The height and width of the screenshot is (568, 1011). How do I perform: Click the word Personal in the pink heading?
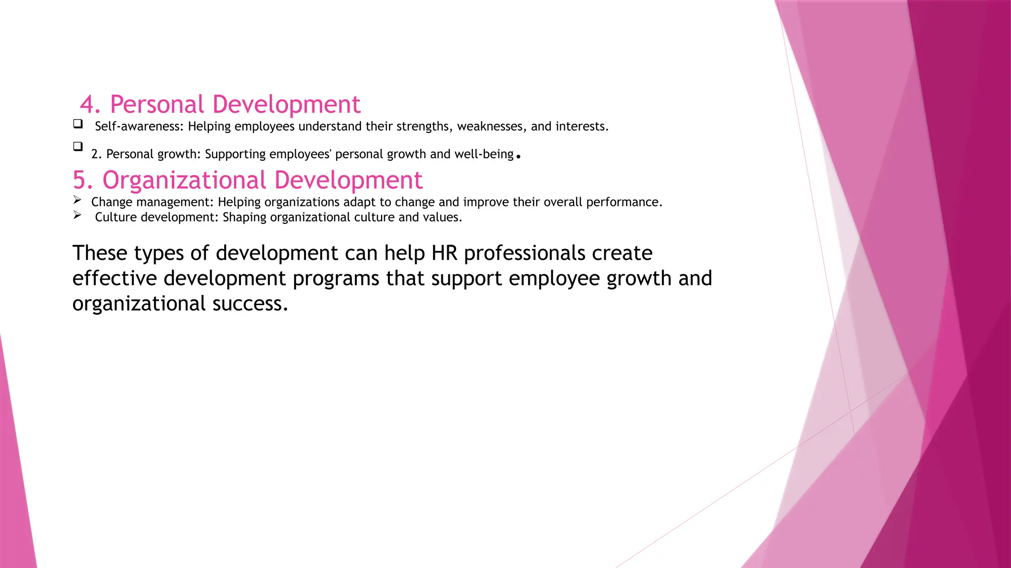pyautogui.click(x=156, y=105)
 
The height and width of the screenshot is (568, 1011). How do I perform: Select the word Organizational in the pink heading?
pyautogui.click(x=184, y=180)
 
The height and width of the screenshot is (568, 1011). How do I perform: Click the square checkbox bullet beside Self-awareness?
pyautogui.click(x=78, y=124)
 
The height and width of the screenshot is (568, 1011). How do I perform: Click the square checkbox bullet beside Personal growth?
pyautogui.click(x=78, y=146)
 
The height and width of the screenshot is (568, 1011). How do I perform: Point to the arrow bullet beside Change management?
pyautogui.click(x=77, y=200)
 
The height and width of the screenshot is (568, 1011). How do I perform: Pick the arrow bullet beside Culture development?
pyautogui.click(x=77, y=215)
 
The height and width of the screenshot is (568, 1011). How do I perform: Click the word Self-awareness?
pyautogui.click(x=139, y=127)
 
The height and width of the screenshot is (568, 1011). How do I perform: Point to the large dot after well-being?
pyautogui.click(x=518, y=157)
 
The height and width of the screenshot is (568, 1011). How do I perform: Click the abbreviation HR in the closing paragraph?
pyautogui.click(x=444, y=253)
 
